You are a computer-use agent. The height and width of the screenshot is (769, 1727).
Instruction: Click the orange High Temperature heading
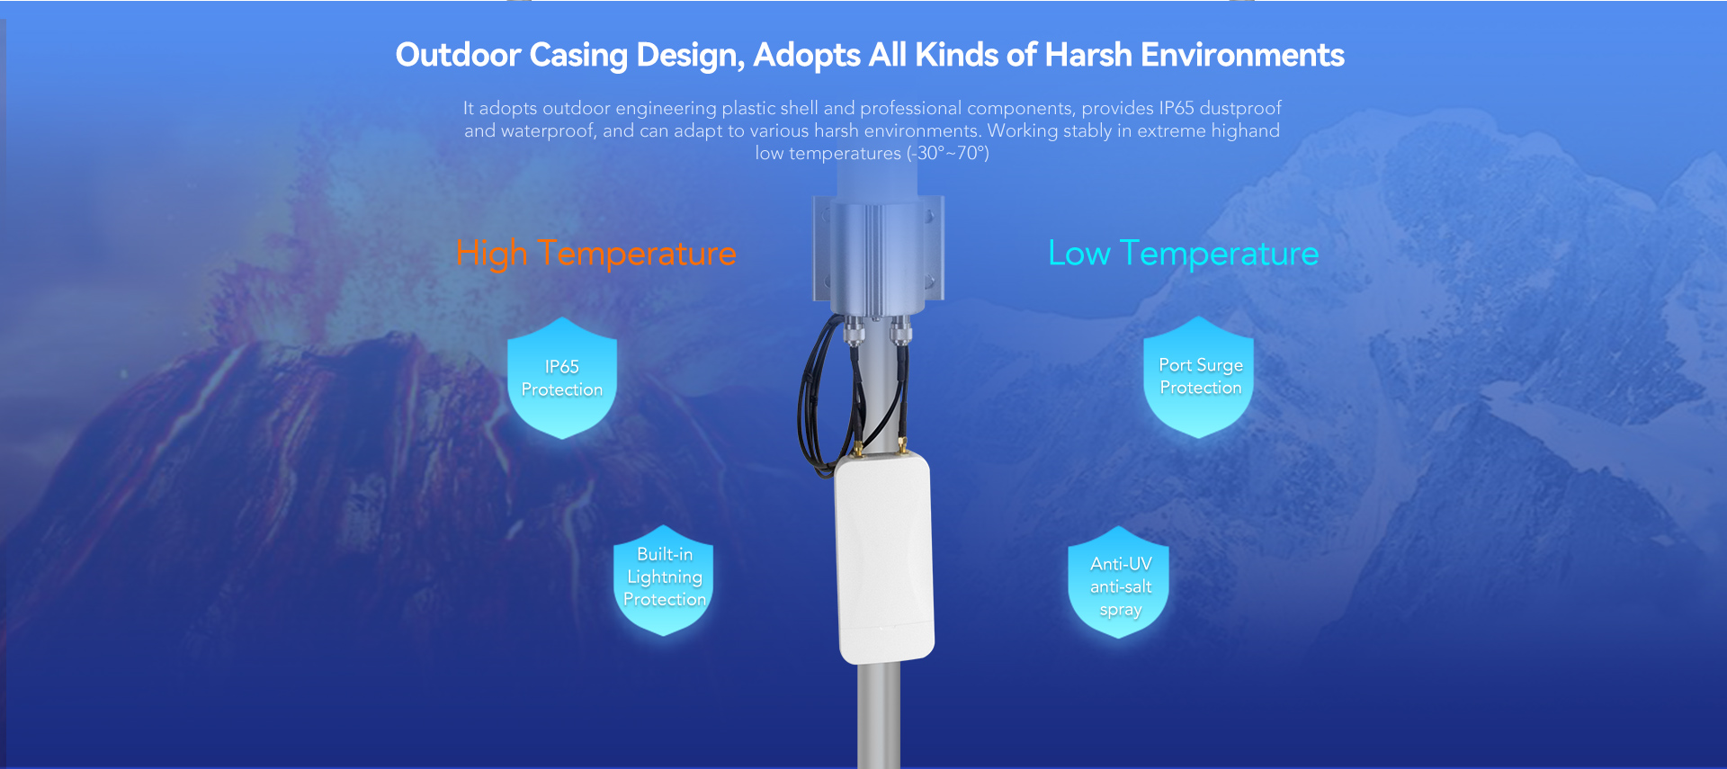(595, 254)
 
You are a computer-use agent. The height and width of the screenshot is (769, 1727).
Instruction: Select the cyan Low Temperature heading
(1183, 254)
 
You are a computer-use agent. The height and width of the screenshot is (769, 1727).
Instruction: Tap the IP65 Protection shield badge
(562, 378)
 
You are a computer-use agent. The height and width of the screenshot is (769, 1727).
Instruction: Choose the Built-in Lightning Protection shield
(664, 580)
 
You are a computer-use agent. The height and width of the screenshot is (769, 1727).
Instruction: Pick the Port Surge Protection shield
(1199, 377)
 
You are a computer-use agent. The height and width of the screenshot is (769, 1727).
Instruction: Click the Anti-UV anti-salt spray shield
(1119, 582)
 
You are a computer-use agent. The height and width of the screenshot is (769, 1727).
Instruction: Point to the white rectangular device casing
(884, 558)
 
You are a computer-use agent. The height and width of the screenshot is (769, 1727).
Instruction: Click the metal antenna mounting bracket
(879, 250)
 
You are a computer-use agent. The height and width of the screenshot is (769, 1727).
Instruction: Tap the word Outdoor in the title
(458, 55)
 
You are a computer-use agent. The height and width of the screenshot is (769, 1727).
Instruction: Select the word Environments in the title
(1243, 55)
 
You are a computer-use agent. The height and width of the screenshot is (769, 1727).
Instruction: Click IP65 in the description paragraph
(1177, 108)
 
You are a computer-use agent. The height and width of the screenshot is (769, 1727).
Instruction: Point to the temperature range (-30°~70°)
(948, 153)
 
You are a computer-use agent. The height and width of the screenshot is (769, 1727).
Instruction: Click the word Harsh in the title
(1088, 55)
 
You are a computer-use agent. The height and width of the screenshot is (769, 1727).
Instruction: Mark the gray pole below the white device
(879, 715)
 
